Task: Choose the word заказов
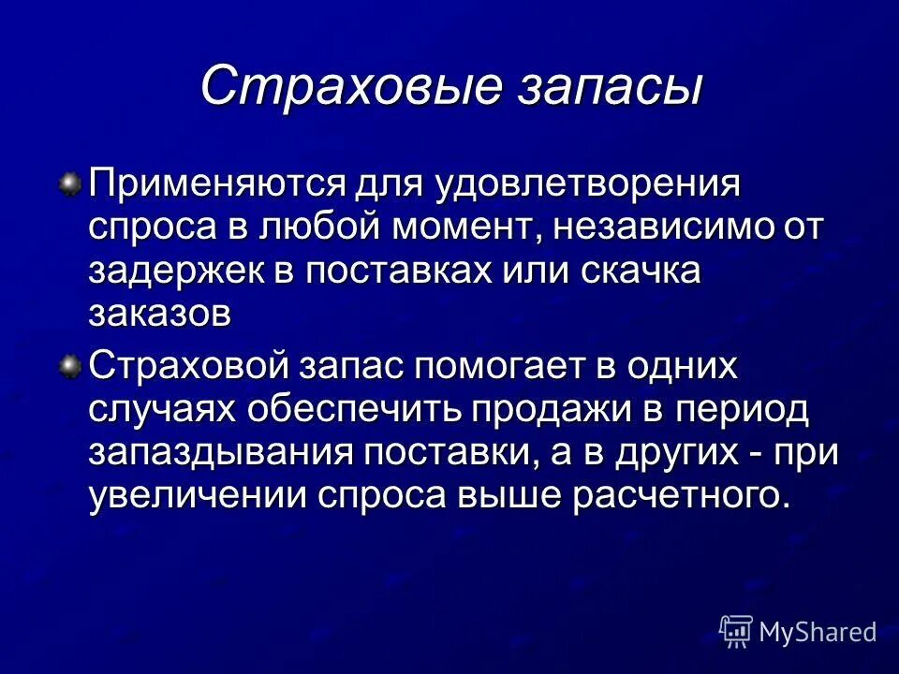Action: point(160,315)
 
